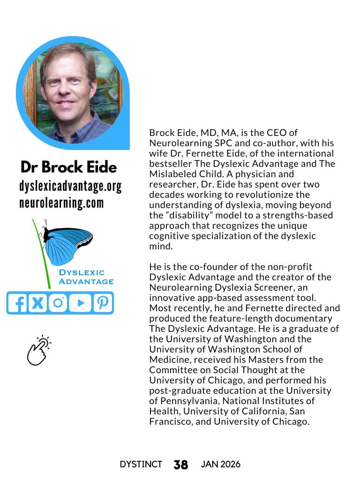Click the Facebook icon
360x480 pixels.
tap(18, 303)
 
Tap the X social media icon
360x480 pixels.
tap(38, 303)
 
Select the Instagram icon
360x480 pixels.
tap(58, 303)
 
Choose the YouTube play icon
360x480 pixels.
tap(80, 303)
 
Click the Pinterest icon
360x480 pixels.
tap(102, 303)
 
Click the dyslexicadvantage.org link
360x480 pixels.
tap(70, 187)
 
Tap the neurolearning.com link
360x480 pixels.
tap(61, 203)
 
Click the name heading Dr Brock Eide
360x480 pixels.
tap(68, 167)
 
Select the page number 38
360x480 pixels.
tap(180, 465)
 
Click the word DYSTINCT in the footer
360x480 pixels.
tap(141, 464)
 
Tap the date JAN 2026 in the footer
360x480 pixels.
tap(220, 464)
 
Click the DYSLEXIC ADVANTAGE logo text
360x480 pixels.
tap(86, 277)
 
